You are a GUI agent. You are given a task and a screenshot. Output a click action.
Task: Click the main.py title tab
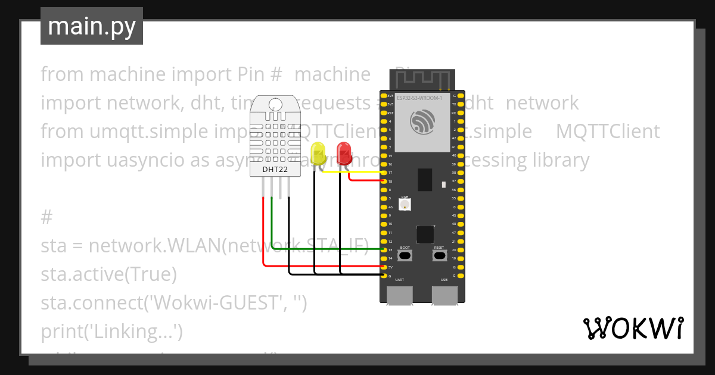[91, 26]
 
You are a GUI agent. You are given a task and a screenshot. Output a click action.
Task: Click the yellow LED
[319, 154]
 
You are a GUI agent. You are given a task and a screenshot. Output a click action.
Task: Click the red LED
[344, 153]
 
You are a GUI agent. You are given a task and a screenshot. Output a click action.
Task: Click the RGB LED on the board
[405, 205]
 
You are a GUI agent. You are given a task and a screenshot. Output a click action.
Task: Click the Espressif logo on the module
[423, 122]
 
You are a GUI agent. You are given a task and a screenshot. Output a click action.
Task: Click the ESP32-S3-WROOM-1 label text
[419, 98]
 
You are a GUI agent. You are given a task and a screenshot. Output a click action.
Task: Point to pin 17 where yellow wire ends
[384, 173]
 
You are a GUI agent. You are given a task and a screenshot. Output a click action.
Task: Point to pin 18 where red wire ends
[384, 181]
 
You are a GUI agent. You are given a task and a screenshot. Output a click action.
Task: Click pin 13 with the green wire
[384, 250]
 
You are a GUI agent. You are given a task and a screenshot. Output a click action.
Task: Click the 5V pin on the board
[384, 267]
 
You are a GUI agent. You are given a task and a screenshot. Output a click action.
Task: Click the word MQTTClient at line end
[608, 132]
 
